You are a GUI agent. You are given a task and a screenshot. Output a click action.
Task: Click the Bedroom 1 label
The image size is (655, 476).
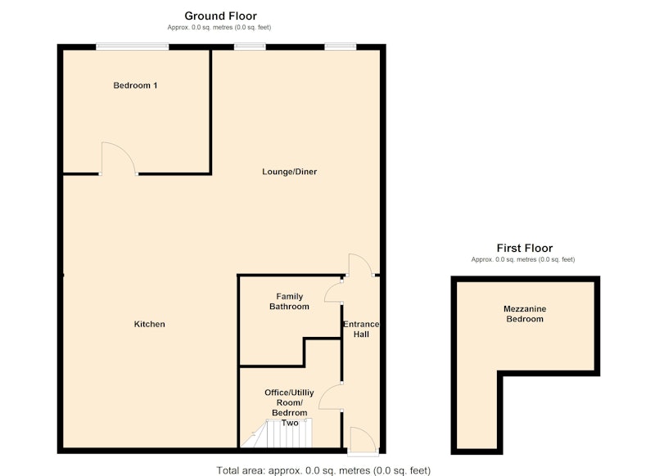(135, 86)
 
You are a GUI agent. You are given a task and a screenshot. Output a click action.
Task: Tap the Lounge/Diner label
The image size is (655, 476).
(290, 172)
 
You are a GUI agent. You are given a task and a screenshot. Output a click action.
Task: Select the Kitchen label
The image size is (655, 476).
(150, 324)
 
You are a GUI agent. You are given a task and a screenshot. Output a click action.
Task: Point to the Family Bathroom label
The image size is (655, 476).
(290, 301)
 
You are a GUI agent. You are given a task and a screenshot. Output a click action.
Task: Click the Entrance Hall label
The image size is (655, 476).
(361, 329)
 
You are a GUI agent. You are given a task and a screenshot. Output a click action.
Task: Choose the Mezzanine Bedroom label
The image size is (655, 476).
(525, 314)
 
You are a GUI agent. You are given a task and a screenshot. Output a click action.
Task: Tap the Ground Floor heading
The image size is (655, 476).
(220, 16)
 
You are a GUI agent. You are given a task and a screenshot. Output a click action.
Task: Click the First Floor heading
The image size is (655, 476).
(525, 248)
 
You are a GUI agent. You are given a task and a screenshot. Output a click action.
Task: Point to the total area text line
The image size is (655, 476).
(323, 470)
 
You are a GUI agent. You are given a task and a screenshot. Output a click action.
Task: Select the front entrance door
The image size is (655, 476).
(363, 441)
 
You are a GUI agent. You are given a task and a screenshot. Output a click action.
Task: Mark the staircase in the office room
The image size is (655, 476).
(277, 433)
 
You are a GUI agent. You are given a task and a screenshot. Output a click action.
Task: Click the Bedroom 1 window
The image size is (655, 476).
(133, 47)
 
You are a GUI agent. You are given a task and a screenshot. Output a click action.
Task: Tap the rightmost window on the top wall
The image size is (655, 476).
(341, 47)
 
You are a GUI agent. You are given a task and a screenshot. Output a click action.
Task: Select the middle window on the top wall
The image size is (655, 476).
(250, 47)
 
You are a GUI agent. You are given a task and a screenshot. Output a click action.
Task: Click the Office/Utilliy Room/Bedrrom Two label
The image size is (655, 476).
(290, 407)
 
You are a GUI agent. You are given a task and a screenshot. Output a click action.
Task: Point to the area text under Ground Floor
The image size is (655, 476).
(219, 28)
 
